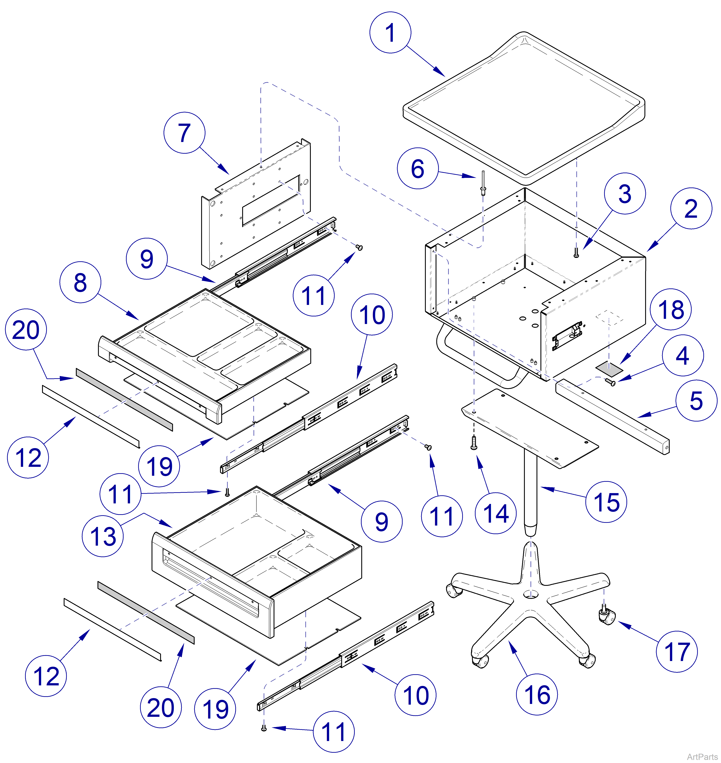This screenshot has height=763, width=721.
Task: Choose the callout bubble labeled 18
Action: (x=671, y=309)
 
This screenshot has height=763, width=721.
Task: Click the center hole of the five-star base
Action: (x=531, y=594)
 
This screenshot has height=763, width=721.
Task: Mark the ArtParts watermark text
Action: (x=702, y=757)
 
